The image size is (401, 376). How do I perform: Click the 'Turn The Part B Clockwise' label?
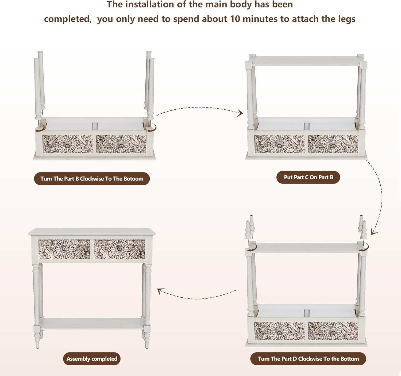pyautogui.click(x=92, y=179)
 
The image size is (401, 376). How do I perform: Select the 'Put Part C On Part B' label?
pyautogui.click(x=308, y=177)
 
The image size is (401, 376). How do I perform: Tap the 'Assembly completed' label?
pyautogui.click(x=92, y=359)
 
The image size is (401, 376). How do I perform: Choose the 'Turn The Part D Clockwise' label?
pyautogui.click(x=308, y=359)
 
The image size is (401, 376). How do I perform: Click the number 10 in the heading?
pyautogui.click(x=235, y=19)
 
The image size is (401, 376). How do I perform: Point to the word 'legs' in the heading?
pyautogui.click(x=346, y=19)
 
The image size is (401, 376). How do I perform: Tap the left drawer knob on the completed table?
pyautogui.click(x=64, y=249)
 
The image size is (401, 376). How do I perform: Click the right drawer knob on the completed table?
pyautogui.click(x=119, y=249)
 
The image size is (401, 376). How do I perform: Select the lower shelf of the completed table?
pyautogui.click(x=92, y=323)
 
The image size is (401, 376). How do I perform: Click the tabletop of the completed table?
pyautogui.click(x=92, y=232)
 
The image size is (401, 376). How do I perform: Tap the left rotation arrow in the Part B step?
pyautogui.click(x=40, y=129)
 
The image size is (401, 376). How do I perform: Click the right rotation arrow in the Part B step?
pyautogui.click(x=152, y=129)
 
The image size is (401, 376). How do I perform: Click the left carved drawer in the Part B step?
pyautogui.click(x=68, y=144)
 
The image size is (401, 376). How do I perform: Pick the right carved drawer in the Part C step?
pyautogui.click(x=333, y=144)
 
